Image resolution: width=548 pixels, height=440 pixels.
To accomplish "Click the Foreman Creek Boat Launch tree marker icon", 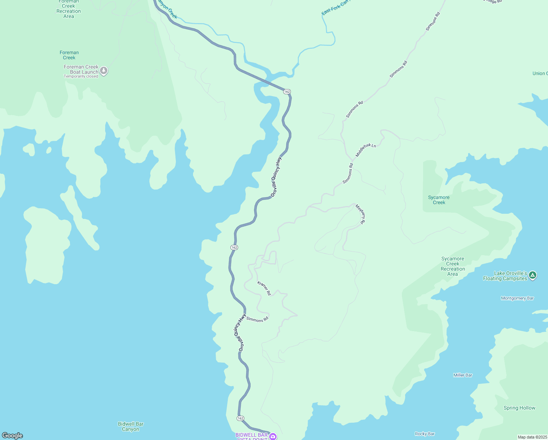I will point(104,70).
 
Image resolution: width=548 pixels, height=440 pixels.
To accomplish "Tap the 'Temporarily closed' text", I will point(81,77).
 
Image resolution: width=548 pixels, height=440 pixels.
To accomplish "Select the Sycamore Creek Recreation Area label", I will point(453,267).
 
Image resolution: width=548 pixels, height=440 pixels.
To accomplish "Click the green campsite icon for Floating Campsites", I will point(533,275).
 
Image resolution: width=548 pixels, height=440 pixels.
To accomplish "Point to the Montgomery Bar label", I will point(517,298).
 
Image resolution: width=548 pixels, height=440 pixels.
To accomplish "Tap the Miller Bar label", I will point(463,375).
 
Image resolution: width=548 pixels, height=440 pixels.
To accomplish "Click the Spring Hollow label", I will point(519,408).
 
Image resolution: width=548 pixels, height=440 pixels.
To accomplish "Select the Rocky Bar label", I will point(425,434).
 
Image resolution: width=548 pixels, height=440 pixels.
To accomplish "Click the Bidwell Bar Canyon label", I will point(131,426).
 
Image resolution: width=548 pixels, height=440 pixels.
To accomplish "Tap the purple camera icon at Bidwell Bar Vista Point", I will point(273,436).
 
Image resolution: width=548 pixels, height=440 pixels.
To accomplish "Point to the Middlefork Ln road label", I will point(366,150).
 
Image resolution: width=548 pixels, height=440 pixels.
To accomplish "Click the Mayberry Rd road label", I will point(360,214).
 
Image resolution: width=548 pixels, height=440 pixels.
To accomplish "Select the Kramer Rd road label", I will point(264,288).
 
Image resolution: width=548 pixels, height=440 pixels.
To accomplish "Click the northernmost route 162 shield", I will point(287,92).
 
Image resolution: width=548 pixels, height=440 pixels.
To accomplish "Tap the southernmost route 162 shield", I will point(240,418).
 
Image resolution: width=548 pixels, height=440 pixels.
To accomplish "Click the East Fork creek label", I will point(335,8).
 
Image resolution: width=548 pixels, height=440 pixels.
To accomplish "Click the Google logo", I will point(12,436).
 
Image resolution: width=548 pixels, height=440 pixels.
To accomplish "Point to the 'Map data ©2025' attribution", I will point(532,437).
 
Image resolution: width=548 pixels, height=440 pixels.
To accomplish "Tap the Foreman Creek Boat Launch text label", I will point(81,69).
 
